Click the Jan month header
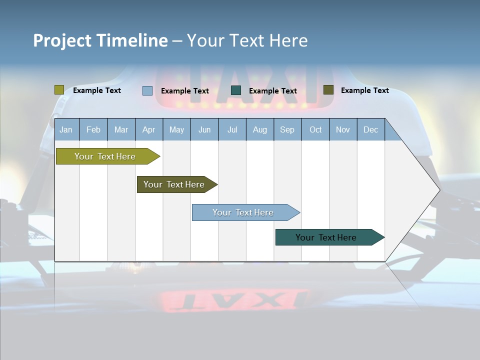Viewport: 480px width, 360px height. [66, 129]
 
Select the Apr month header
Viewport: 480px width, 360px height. [148, 129]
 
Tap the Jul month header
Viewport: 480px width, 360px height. [232, 129]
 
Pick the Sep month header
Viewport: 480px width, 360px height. [287, 129]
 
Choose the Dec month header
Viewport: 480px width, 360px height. [370, 129]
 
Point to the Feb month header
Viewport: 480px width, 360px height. [93, 129]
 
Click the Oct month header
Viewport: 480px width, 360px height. [315, 129]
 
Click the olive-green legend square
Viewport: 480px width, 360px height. [59, 90]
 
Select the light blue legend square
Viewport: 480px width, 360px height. [147, 90]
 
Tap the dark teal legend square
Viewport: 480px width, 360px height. [236, 90]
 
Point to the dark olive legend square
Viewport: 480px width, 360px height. [328, 90]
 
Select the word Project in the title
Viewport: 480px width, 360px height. [62, 40]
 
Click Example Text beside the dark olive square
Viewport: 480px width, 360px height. [364, 90]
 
